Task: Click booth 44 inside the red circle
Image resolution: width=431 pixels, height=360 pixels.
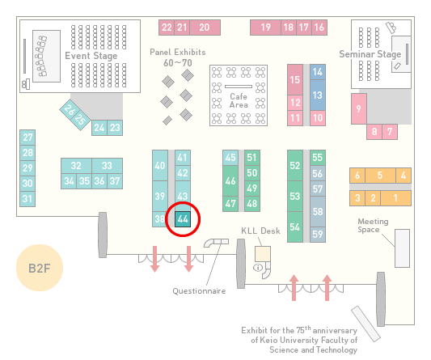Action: point(183,219)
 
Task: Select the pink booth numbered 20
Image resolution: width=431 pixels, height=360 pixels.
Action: point(205,28)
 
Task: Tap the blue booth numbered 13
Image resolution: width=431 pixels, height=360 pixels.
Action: point(318,95)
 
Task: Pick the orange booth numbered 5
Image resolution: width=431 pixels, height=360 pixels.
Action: point(380,176)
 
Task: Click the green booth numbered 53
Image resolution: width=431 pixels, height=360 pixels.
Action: point(295,196)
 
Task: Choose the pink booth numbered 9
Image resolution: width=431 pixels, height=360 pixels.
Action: point(359,108)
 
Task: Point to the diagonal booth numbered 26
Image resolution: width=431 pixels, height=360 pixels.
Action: point(70,110)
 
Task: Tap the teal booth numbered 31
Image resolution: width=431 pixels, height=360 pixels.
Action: point(27,199)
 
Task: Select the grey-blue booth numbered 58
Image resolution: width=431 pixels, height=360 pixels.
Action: point(318,211)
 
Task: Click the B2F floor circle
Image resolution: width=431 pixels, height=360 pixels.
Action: point(40,268)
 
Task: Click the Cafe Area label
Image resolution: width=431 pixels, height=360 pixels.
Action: point(239,100)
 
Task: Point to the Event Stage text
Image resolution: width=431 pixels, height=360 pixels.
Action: point(91,56)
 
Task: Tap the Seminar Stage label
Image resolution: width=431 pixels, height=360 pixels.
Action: point(370,54)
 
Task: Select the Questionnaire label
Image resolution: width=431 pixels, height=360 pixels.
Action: point(199,291)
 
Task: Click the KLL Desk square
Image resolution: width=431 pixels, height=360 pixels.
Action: point(263,254)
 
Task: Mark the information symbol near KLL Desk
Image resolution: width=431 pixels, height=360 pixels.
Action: point(258,267)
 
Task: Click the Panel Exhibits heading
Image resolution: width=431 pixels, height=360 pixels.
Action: point(178,52)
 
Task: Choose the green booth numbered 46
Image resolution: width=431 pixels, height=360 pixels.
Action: point(230,180)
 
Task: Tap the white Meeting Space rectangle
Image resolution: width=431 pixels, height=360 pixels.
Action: point(402,248)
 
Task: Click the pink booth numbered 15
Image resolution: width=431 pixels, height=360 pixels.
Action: point(295,80)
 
